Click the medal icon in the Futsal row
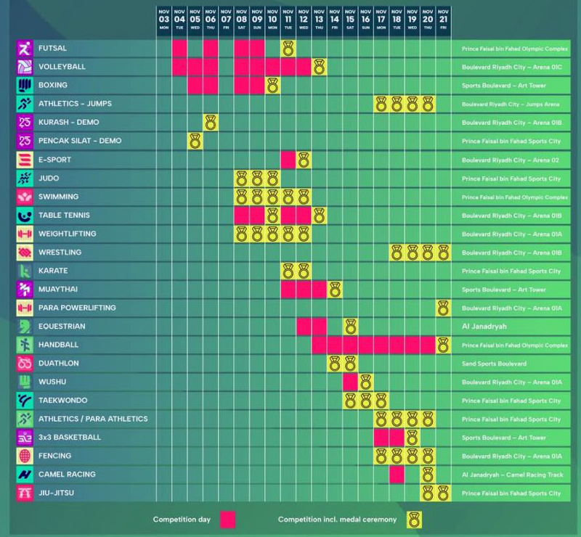[288, 49]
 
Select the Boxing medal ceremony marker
[272, 86]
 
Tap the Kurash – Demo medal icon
[211, 123]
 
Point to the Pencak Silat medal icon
[195, 141]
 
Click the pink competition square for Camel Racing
[397, 474]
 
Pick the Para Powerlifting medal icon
[443, 308]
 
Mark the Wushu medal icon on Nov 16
[365, 382]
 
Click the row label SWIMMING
[59, 197]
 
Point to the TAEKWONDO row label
[63, 401]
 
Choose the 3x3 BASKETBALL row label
[70, 438]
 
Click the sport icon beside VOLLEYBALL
[25, 67]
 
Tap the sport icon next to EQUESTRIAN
[25, 327]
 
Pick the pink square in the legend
[228, 520]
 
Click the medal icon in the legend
[414, 520]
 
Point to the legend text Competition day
[181, 520]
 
